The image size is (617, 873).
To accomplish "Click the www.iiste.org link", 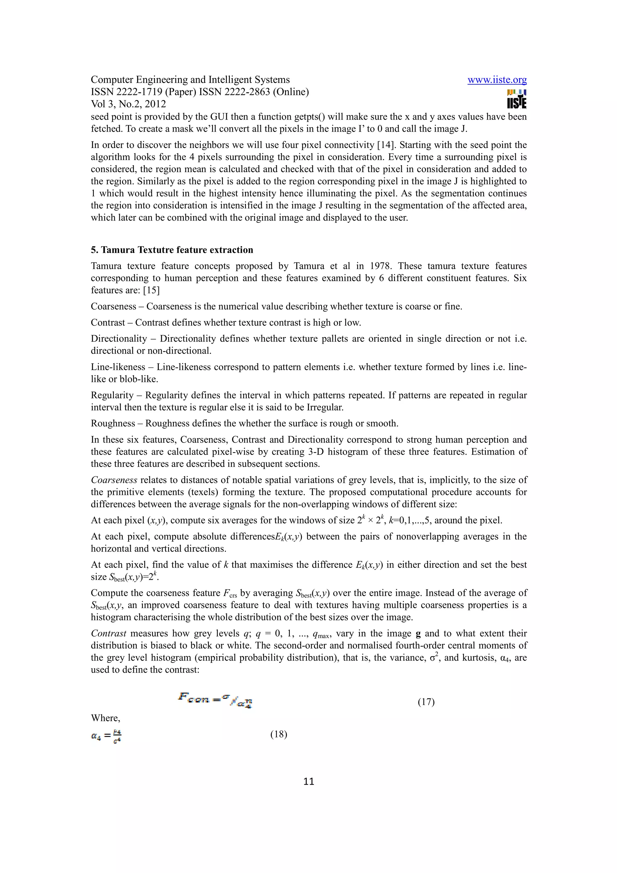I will click(x=497, y=80).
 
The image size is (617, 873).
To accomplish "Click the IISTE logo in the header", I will click(x=516, y=99).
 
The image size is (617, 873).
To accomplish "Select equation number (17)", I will click(x=426, y=702).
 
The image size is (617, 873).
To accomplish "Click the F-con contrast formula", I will click(x=215, y=699).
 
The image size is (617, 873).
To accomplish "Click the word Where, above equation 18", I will click(x=105, y=718).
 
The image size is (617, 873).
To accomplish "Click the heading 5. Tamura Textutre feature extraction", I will click(x=172, y=250).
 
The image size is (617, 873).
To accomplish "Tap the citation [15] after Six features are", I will click(x=151, y=290).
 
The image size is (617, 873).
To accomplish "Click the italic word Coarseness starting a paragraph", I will click(x=114, y=480).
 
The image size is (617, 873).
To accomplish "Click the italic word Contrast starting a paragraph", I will click(x=108, y=633).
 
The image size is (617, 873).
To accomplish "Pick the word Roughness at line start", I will click(x=113, y=423).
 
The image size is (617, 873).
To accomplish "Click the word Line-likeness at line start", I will click(x=118, y=367).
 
